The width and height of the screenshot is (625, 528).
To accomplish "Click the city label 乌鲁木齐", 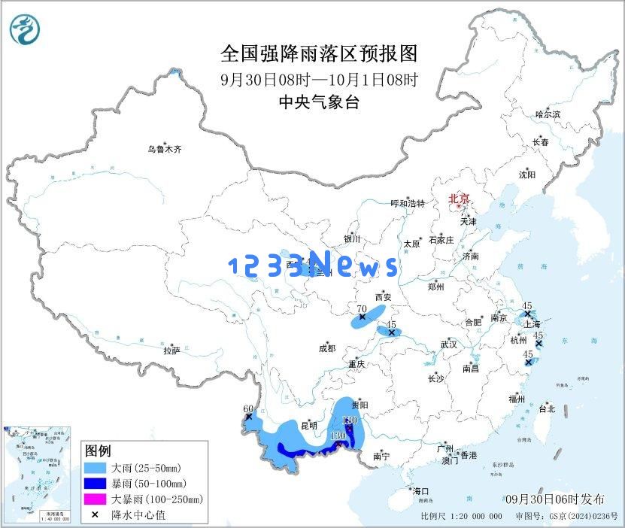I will [x=164, y=150].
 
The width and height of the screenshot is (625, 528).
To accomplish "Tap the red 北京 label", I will [x=458, y=199].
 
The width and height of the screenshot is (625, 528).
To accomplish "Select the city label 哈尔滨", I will [x=548, y=114].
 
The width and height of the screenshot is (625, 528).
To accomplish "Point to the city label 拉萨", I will [x=171, y=350].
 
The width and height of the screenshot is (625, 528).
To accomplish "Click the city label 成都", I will [x=327, y=348].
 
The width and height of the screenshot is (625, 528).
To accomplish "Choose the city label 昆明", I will [x=309, y=426].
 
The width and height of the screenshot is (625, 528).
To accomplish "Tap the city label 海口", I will [x=420, y=490].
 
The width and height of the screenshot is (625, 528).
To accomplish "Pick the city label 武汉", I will [x=448, y=344].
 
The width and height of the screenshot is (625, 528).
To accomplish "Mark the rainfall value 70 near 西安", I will [x=361, y=308].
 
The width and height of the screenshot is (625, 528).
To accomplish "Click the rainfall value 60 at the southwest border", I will [x=248, y=408].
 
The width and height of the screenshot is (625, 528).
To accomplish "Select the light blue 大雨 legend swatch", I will [x=95, y=468].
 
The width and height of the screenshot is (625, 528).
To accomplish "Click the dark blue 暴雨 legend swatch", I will [x=95, y=483].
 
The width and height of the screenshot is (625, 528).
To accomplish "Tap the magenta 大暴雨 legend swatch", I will [x=95, y=499].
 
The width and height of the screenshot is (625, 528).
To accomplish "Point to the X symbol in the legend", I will [x=95, y=514].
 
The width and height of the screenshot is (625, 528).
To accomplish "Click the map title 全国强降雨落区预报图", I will [x=318, y=54].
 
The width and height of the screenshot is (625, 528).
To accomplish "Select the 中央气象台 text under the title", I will [x=318, y=102].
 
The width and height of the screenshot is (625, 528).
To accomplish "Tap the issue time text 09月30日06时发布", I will [x=554, y=499].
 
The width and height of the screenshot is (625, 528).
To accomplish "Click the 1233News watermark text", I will [x=313, y=265].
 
